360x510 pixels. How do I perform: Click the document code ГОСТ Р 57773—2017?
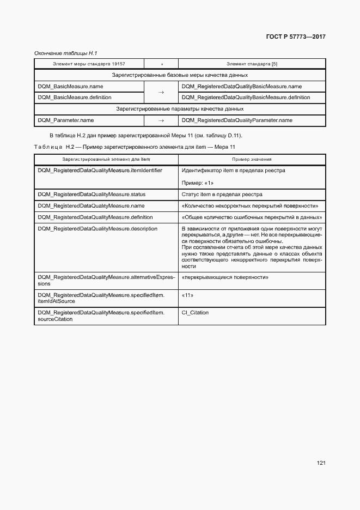[x=295, y=37]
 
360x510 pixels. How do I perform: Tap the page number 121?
[x=321, y=463]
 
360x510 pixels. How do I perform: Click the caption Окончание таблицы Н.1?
[x=65, y=53]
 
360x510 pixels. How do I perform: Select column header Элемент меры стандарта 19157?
[x=89, y=64]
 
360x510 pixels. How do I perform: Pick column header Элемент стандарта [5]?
[x=252, y=64]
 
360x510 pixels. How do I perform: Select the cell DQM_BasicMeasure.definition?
[x=75, y=98]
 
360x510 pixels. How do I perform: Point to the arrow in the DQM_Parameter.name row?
[x=161, y=120]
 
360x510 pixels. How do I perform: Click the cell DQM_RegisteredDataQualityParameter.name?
[x=237, y=120]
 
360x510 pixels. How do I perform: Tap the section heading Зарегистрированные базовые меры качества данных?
[x=180, y=75]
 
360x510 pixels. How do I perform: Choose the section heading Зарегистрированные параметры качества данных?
[x=180, y=109]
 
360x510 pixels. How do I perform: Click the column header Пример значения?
[x=252, y=159]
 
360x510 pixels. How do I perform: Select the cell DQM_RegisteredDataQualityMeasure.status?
[x=91, y=194]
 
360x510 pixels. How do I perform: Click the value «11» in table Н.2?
[x=187, y=295]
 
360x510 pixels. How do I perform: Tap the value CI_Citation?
[x=195, y=313]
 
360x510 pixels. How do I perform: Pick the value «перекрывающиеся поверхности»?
[x=225, y=277]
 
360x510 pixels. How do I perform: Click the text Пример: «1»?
[x=198, y=183]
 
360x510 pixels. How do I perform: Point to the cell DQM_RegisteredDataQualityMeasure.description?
[x=97, y=228]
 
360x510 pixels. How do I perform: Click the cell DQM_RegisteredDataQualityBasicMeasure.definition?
[x=246, y=98]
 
